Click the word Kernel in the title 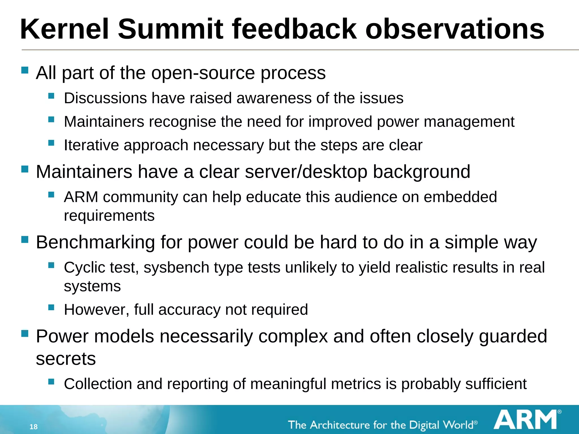coord(65,29)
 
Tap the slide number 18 coord(33,427)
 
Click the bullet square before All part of coord(25,70)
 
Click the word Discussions coord(105,98)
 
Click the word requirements coord(109,216)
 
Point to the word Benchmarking coord(96,242)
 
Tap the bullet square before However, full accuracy coord(51,307)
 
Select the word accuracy coord(189,310)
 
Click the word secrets coord(66,359)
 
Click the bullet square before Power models coord(25,334)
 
